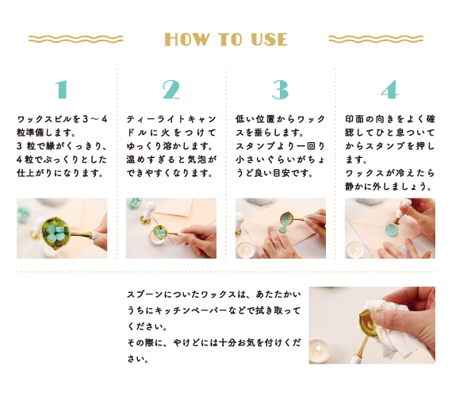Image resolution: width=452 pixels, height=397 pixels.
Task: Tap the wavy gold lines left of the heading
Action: [76, 39]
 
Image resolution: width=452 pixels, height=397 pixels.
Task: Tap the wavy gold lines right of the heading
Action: [376, 39]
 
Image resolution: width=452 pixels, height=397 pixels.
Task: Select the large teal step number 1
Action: [62, 90]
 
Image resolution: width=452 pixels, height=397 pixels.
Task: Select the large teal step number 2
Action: [171, 90]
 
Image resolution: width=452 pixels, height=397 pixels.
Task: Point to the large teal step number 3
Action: [280, 90]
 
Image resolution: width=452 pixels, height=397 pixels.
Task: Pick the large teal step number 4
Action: [389, 90]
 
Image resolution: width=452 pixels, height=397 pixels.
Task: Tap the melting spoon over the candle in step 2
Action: [159, 232]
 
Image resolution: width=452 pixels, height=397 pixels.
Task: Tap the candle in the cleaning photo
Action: [319, 352]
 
